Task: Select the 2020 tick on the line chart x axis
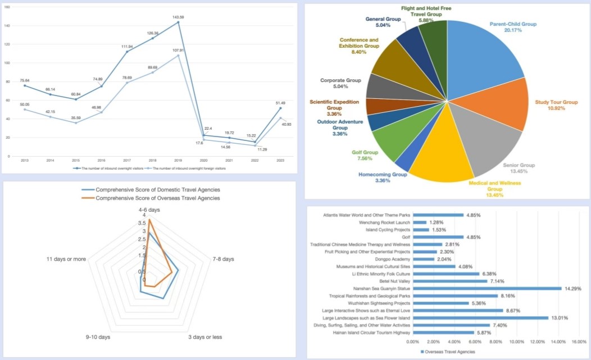point(204,161)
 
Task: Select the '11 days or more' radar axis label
point(66,259)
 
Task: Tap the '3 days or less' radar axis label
point(205,337)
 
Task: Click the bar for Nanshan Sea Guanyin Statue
point(487,288)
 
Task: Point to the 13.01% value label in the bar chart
point(559,318)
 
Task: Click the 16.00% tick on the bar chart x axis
point(579,341)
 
